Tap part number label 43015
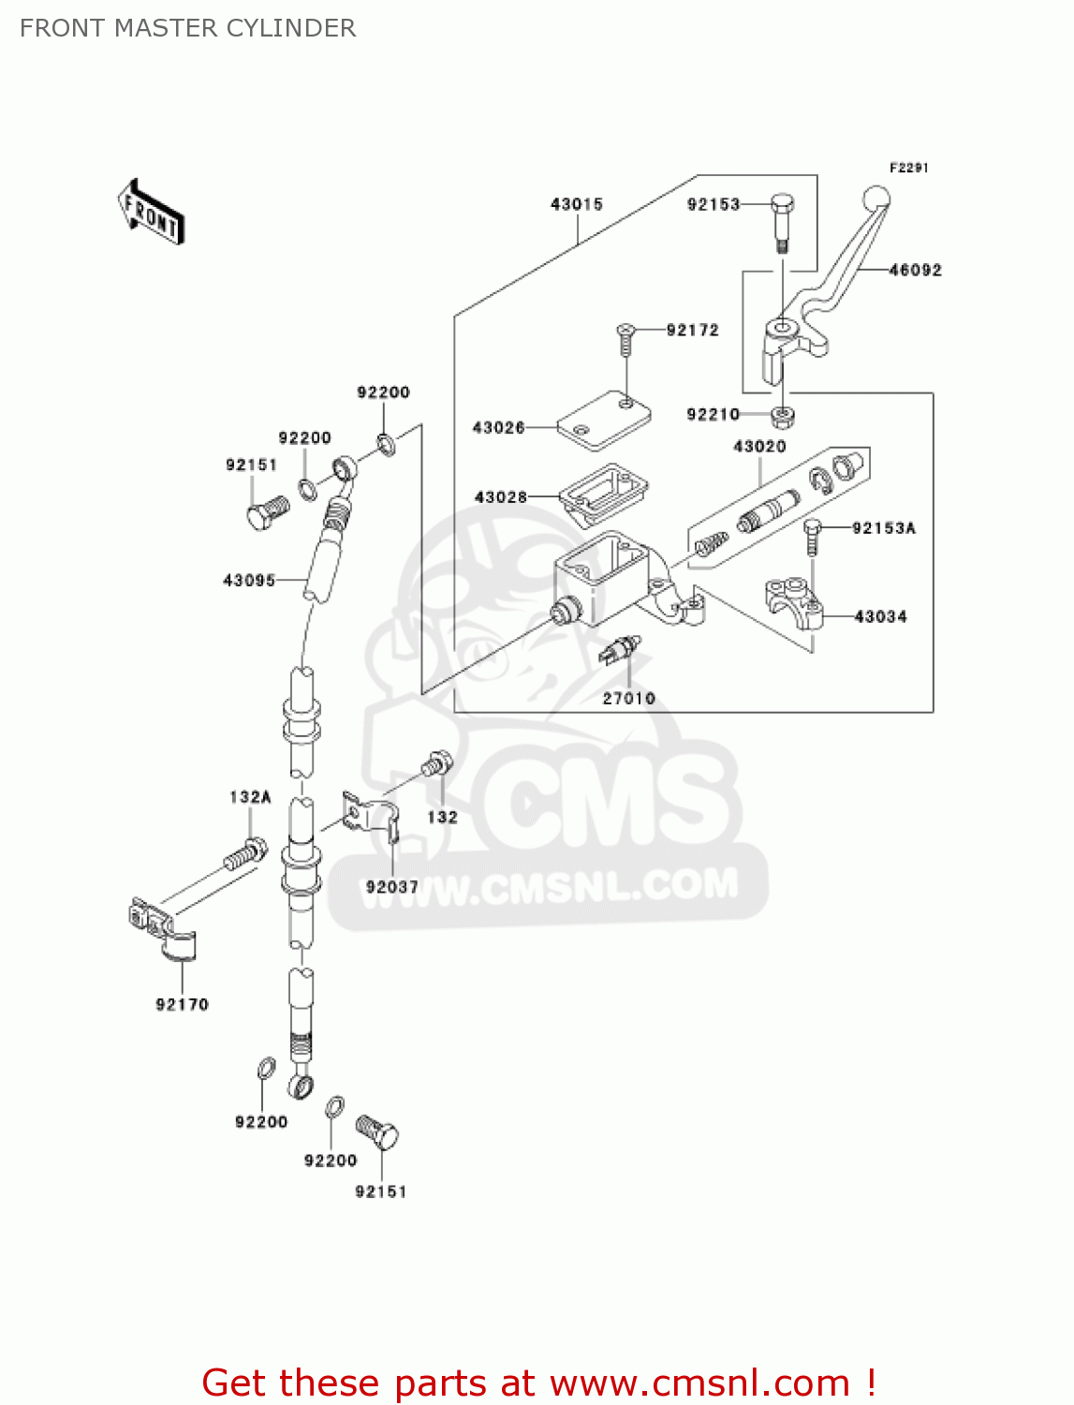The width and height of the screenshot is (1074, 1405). click(x=576, y=204)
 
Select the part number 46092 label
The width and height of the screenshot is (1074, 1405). click(x=915, y=270)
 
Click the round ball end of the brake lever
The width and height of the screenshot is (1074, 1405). click(x=875, y=199)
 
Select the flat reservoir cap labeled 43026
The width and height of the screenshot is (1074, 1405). click(x=604, y=419)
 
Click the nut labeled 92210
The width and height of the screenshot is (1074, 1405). click(x=782, y=414)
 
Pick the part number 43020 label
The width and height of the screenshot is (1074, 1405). click(x=758, y=447)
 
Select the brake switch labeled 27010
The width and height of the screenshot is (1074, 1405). click(x=619, y=649)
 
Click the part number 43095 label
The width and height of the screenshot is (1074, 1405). click(x=249, y=581)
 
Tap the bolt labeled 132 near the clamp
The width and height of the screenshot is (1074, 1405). click(x=436, y=763)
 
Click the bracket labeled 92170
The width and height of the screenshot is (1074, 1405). click(x=164, y=929)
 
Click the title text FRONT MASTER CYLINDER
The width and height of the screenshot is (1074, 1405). click(x=187, y=28)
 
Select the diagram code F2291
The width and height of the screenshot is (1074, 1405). click(x=908, y=168)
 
